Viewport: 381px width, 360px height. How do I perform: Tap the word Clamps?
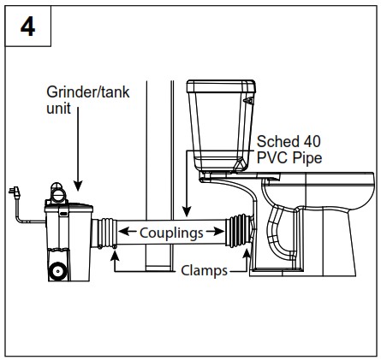point(203,273)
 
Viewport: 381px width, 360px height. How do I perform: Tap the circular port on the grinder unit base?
point(57,271)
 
